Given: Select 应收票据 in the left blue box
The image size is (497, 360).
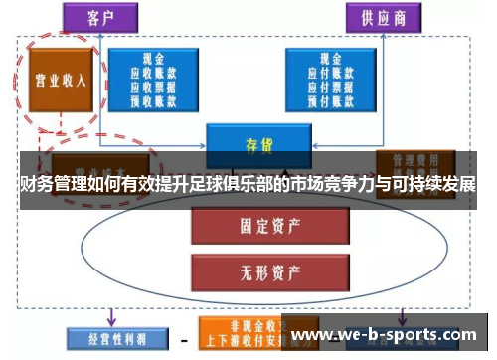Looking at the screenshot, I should click(x=152, y=86).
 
